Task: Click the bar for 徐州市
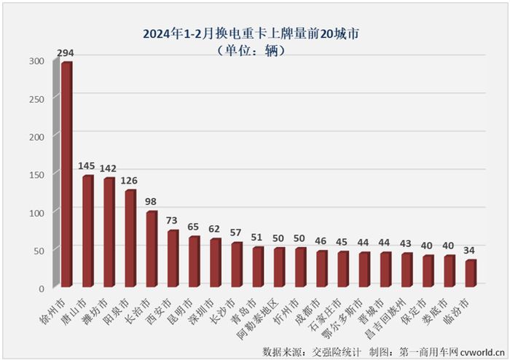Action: tap(66, 175)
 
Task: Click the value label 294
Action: tap(66, 53)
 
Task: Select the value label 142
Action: tap(109, 168)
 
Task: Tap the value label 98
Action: tap(152, 202)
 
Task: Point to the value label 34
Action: tap(471, 250)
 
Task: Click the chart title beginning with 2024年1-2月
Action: tap(252, 34)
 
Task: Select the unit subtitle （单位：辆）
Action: tap(251, 50)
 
